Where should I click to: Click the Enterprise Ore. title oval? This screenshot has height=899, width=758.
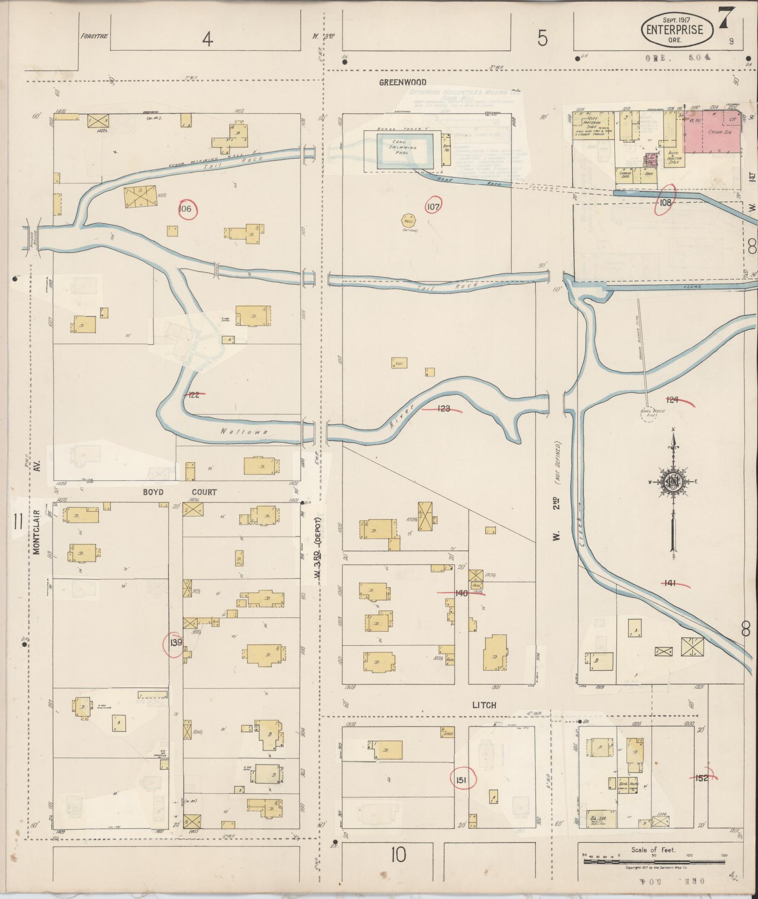point(677,30)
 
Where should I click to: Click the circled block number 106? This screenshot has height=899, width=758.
point(186,209)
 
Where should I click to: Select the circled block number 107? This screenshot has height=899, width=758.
point(434,206)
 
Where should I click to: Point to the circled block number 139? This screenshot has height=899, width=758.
point(176,642)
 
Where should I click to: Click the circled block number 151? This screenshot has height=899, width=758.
point(462,780)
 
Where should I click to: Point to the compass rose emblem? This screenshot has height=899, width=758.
point(672,481)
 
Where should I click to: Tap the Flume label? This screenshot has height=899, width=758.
point(693,287)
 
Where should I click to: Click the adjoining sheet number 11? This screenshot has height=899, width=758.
point(18,522)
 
